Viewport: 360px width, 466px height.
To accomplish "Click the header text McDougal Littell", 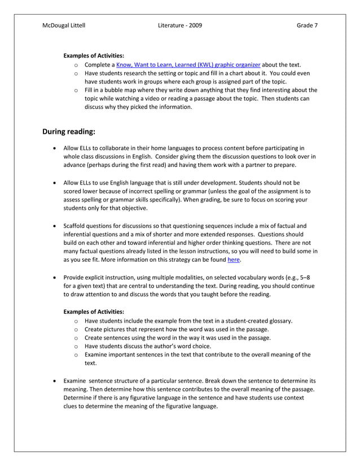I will [64, 25].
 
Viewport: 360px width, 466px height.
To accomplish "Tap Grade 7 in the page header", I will [307, 25].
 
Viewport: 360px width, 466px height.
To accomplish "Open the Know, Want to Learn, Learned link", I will [188, 65].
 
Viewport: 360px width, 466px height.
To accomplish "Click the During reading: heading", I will [69, 131].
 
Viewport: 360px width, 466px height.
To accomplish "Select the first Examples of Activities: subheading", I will [94, 56].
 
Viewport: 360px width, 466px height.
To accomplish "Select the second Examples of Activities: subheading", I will [94, 311].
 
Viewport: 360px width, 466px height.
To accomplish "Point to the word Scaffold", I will [76, 226].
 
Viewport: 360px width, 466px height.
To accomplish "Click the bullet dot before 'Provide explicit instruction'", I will [54, 277].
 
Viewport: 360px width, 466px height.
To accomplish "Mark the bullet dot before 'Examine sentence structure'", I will [54, 381].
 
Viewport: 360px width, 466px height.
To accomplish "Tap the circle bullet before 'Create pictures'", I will [76, 329].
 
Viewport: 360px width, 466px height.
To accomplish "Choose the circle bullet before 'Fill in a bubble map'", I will [76, 90].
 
